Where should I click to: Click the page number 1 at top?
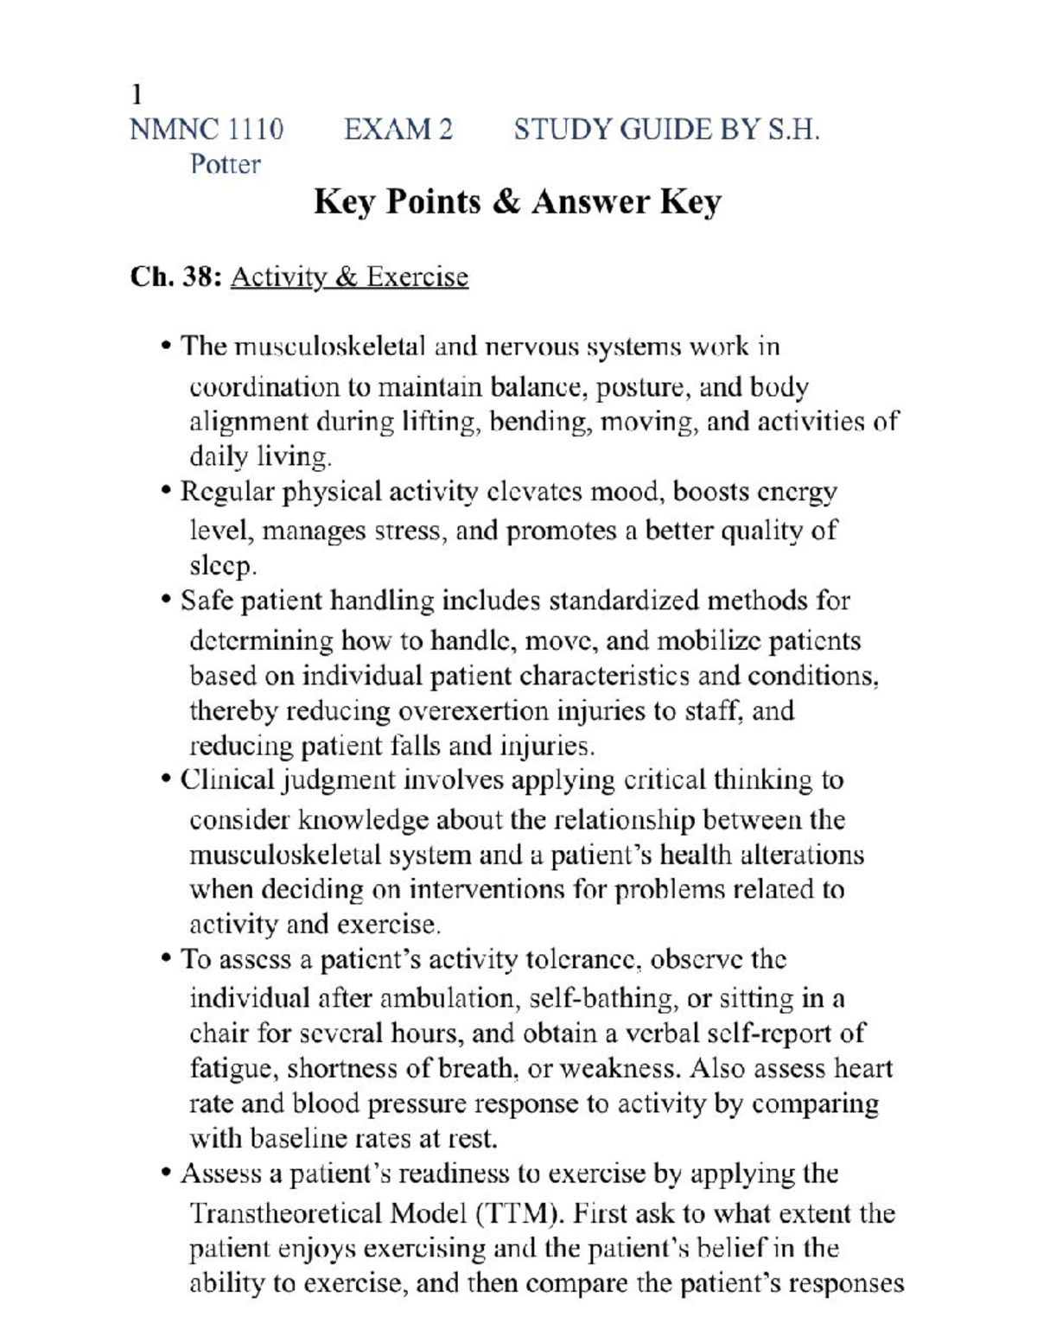tap(136, 93)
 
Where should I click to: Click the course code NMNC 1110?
tap(206, 130)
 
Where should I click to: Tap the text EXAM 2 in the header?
tap(398, 130)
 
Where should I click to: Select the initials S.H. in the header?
tap(791, 130)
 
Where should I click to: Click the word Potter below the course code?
tap(225, 164)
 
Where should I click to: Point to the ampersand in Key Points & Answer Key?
tap(506, 202)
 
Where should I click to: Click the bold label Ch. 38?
tap(176, 277)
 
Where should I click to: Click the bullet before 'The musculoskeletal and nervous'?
tap(167, 347)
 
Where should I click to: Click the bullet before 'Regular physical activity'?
tap(167, 493)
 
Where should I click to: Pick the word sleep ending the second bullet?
tap(221, 566)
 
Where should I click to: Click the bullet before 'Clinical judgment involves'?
tap(167, 781)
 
